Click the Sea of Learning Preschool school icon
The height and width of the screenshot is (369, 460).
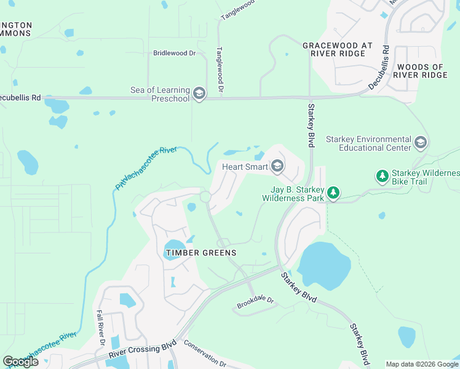coord(199,93)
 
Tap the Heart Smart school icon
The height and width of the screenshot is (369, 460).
coord(277,166)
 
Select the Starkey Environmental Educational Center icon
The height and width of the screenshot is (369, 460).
coord(421,143)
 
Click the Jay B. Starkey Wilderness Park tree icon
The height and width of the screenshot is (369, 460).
coord(333,193)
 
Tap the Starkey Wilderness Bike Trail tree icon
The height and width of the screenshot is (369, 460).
coord(383,177)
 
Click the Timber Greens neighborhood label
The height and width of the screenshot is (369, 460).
coord(200,253)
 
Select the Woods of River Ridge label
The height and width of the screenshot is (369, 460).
coord(421,71)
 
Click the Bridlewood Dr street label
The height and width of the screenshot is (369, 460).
coord(174,54)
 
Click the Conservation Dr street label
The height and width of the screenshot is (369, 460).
coord(205,355)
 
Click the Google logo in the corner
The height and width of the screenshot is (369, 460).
coord(20,361)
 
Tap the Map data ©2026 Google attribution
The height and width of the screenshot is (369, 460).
coord(421,364)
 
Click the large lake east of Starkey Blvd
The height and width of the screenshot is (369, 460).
coord(323,264)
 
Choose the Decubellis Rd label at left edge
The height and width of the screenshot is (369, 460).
coord(20,97)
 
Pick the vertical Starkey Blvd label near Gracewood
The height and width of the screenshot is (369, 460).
coord(311,125)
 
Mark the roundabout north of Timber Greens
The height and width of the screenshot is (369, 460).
coord(205,197)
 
